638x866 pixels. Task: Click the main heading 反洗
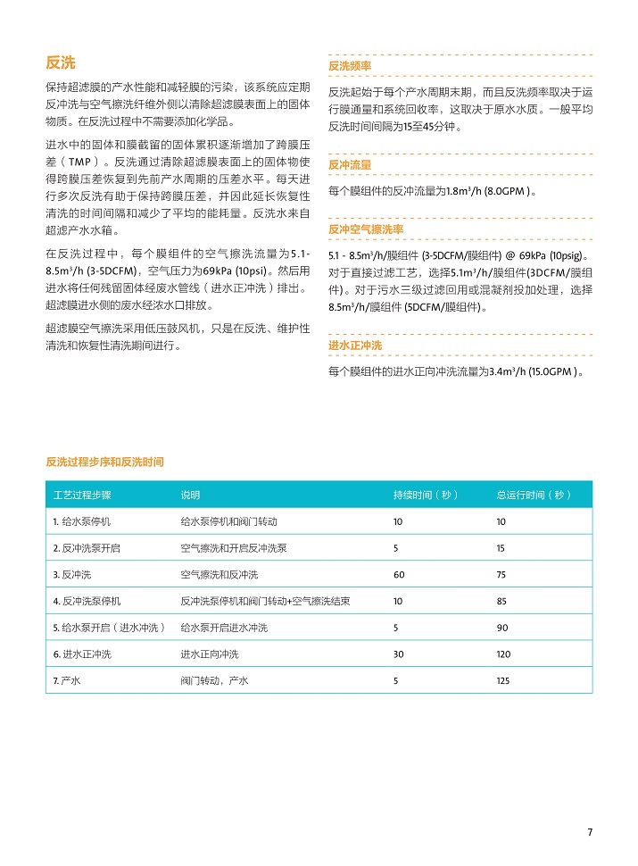(61, 62)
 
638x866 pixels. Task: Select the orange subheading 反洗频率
(350, 66)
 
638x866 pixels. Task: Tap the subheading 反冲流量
(350, 165)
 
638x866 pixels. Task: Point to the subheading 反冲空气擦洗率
(366, 229)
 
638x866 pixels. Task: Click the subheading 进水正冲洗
(355, 346)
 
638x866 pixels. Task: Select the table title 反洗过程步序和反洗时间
(104, 462)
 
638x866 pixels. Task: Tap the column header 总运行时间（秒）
(534, 495)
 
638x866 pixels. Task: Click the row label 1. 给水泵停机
(82, 520)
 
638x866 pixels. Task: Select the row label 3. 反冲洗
(72, 574)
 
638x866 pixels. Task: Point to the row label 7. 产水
(68, 681)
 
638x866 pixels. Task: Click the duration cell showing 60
(399, 574)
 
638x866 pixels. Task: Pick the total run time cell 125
(504, 681)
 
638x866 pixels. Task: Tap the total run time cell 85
(501, 601)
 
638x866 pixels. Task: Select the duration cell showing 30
(399, 654)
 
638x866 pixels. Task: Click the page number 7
(589, 832)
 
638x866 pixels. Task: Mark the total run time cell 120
(504, 654)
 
